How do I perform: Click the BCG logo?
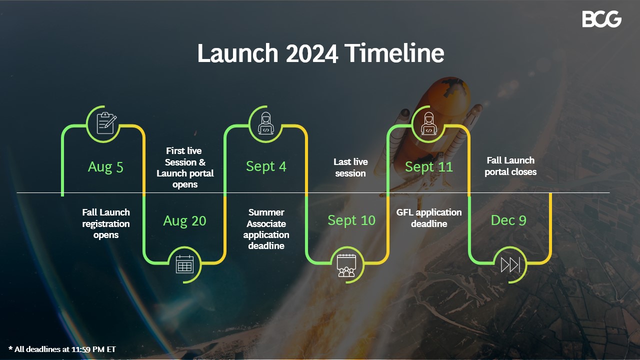[601, 19]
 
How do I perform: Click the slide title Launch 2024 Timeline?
[320, 53]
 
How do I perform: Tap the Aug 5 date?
[105, 166]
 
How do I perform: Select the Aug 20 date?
[184, 220]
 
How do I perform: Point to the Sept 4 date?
[266, 166]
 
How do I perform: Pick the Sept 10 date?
[351, 220]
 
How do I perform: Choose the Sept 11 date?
[428, 166]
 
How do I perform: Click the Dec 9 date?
[508, 220]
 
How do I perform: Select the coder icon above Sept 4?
[266, 123]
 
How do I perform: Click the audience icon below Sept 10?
[346, 264]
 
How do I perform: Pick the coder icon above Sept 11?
[428, 123]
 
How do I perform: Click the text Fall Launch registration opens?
[106, 223]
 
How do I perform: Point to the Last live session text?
[350, 167]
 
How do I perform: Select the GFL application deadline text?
[429, 218]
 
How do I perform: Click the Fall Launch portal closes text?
[510, 166]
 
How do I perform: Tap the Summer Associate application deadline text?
[266, 229]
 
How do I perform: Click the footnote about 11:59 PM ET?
[62, 349]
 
